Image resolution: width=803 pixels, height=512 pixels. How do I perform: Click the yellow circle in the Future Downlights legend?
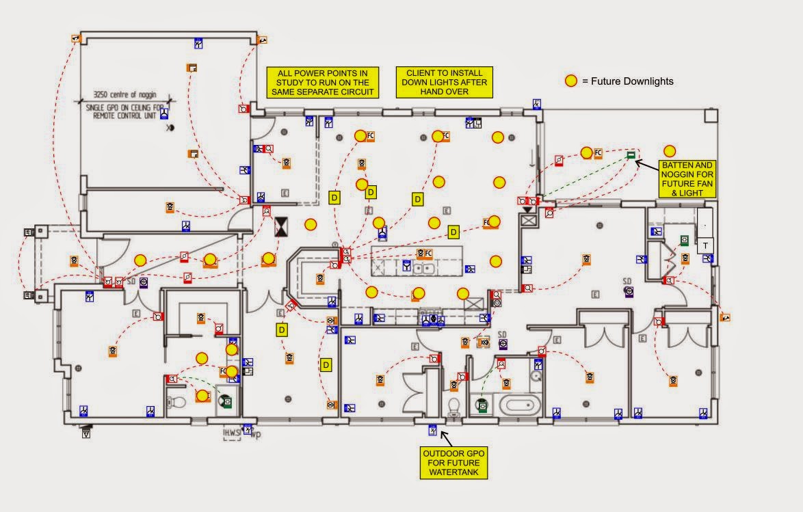click(570, 81)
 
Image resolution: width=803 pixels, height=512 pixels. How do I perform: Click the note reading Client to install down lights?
click(444, 82)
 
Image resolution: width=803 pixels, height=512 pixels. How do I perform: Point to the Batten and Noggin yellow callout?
click(687, 179)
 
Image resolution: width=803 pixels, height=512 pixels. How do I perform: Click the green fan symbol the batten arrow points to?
click(631, 155)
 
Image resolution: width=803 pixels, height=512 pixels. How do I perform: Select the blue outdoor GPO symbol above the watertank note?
click(432, 429)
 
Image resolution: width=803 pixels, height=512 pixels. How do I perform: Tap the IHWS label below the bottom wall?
click(231, 433)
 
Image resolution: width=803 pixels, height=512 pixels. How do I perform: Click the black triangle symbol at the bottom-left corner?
click(86, 433)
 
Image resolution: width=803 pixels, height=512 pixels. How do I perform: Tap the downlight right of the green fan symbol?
click(669, 151)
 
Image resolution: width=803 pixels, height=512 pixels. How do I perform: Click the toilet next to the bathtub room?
click(453, 408)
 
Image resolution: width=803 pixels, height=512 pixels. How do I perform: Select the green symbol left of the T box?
click(683, 240)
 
